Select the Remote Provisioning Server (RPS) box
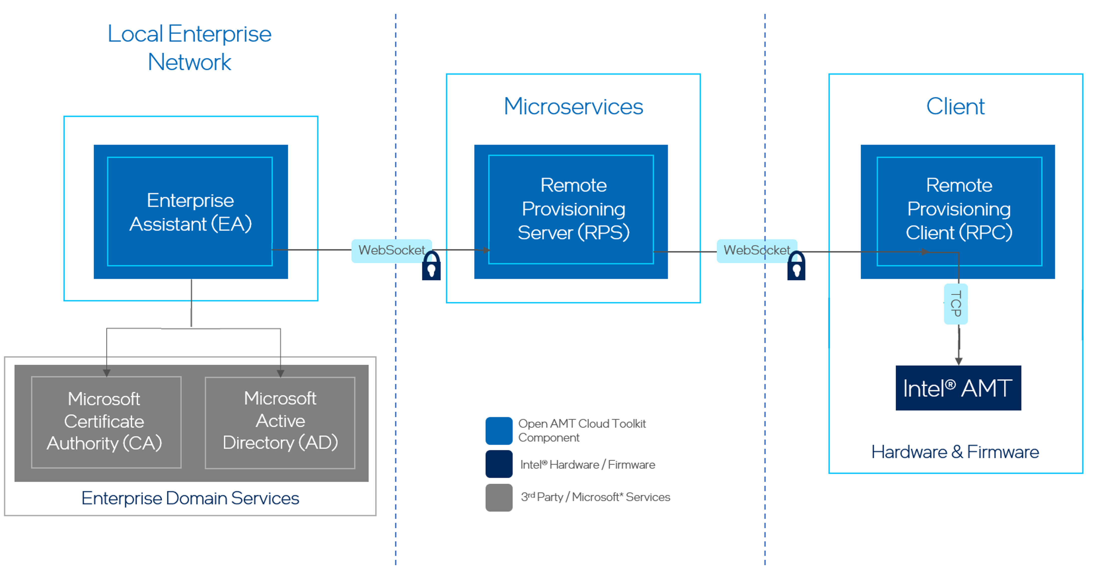571,209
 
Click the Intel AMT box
958,388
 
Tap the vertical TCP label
956,304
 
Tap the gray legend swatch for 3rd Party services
498,497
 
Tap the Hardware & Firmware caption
955,452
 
